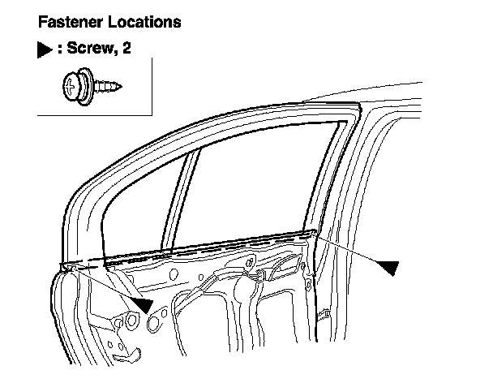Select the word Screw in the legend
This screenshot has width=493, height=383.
[91, 49]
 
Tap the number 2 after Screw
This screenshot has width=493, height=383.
[126, 49]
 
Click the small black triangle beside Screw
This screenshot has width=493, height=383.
[45, 49]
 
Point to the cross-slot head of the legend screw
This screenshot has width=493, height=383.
[71, 84]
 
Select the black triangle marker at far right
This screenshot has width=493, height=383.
[390, 266]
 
